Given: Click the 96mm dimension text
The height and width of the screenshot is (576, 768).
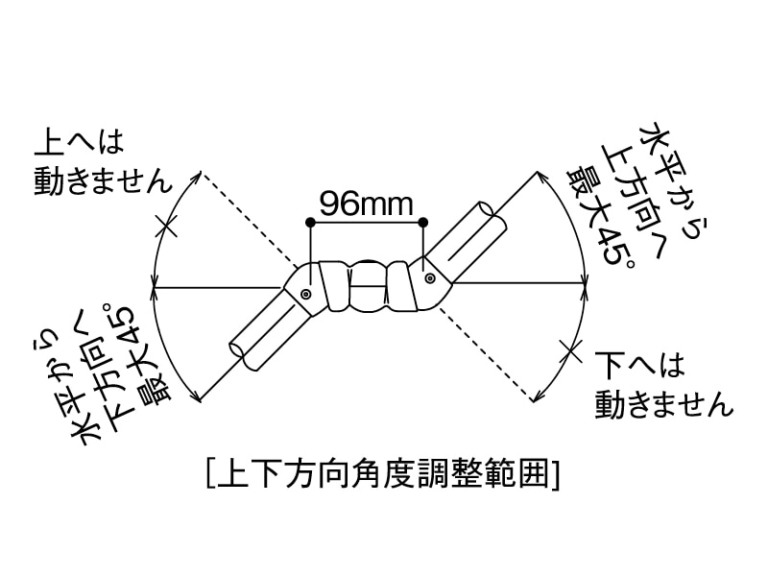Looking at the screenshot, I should pyautogui.click(x=366, y=204).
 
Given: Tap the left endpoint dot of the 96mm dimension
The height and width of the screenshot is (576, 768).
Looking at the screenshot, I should pyautogui.click(x=309, y=224).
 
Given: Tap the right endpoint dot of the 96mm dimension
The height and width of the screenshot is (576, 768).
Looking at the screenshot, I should pyautogui.click(x=423, y=224).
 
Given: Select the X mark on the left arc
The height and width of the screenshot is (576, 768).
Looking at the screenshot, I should pyautogui.click(x=166, y=228).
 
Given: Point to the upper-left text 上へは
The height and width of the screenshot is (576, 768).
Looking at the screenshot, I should pyautogui.click(x=79, y=143).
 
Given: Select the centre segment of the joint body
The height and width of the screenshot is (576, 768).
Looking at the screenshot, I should pyautogui.click(x=366, y=285).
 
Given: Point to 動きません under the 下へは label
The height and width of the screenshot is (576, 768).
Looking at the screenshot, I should pyautogui.click(x=663, y=403).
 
